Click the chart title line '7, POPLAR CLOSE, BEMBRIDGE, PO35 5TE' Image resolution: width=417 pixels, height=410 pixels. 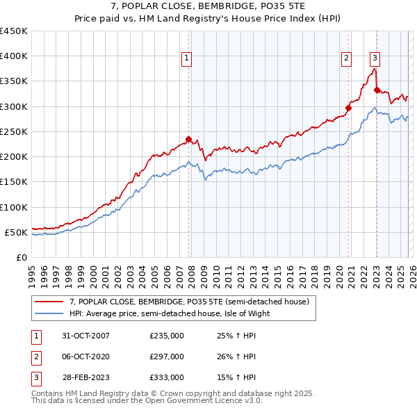tap(208, 6)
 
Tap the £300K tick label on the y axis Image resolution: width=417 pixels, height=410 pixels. tap(14, 106)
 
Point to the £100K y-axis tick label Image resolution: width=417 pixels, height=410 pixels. tap(14, 207)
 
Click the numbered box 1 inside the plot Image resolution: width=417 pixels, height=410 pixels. tap(187, 59)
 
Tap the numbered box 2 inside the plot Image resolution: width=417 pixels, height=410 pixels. tap(345, 59)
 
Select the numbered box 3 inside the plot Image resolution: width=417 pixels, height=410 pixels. tap(375, 59)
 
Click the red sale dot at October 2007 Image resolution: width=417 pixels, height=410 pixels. tap(188, 139)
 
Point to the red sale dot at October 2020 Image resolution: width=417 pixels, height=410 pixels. tap(348, 108)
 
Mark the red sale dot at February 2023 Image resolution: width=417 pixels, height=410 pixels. tap(377, 90)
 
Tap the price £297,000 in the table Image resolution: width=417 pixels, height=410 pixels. tap(167, 356)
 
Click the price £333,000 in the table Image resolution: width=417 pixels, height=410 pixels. tap(167, 377)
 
